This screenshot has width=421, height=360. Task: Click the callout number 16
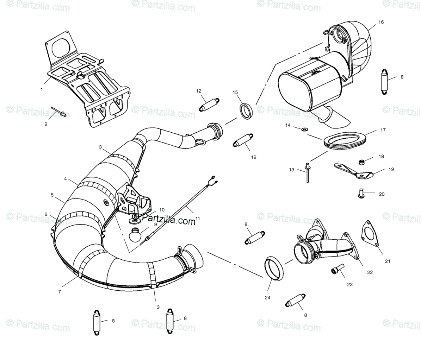point(381,22)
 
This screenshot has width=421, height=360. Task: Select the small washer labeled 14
point(304,129)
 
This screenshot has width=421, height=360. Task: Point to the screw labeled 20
point(360,193)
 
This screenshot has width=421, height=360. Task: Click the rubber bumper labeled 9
point(135,235)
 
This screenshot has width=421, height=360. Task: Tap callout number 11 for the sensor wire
point(198,219)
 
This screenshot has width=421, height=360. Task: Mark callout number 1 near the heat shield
point(42,89)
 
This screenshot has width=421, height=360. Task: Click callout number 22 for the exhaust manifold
point(370,272)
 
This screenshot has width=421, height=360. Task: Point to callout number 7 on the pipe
point(60,292)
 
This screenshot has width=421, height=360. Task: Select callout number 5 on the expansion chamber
point(52,195)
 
